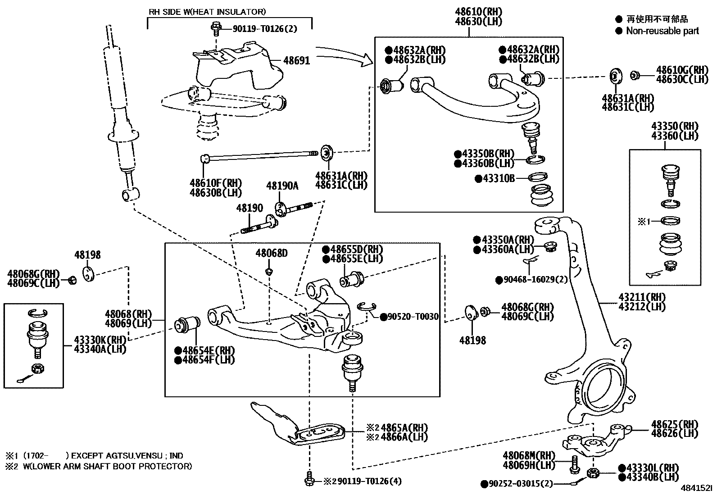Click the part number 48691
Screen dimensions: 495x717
pos(296,60)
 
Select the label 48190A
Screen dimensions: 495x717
pos(282,186)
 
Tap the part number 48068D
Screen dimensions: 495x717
pos(271,253)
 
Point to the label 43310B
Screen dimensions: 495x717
pos(498,179)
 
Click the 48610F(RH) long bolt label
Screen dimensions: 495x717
pos(215,183)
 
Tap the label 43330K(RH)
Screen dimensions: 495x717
pos(100,340)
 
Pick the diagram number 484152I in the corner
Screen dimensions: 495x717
pos(697,488)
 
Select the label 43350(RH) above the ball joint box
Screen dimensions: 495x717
pos(674,126)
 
